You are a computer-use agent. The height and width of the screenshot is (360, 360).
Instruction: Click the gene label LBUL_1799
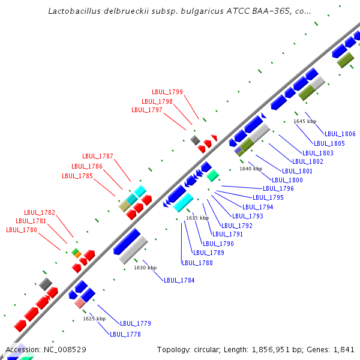point(167,92)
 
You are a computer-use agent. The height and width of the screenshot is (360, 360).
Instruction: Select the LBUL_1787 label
point(98,156)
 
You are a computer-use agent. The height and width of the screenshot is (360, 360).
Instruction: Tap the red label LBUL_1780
point(22,230)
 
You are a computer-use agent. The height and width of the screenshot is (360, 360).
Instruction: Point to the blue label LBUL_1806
point(340,134)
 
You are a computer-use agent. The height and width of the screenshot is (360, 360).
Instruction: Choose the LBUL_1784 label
point(179,280)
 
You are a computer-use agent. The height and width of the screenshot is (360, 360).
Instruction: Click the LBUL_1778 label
point(125,334)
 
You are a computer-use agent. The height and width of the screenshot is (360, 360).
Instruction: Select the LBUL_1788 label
point(197,262)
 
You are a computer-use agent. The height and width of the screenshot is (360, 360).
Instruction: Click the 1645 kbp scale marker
point(305,121)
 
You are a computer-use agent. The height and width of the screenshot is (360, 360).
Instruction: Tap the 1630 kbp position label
point(145,268)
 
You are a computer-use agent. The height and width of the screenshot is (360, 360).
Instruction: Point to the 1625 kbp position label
point(94,319)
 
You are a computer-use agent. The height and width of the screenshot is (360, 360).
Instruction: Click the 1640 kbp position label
point(251,169)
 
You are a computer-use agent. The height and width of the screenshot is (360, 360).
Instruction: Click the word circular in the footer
point(209,349)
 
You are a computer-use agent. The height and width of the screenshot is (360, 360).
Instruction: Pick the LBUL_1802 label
point(307,161)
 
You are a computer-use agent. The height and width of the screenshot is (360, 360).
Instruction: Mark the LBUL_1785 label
point(77,176)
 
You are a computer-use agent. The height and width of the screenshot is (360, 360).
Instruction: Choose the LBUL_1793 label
point(248,216)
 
